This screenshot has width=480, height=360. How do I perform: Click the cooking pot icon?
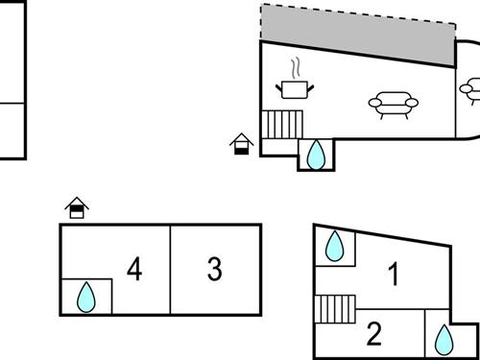click(296, 89)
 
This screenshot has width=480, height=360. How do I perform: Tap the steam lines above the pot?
click(297, 67)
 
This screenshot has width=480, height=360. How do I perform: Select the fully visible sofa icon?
click(391, 103)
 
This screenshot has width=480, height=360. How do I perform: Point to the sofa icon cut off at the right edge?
click(470, 91)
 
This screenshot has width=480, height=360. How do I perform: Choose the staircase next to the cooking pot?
click(282, 125)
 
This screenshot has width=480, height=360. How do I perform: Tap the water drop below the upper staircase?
click(316, 154)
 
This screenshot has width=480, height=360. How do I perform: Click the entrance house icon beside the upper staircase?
click(242, 144)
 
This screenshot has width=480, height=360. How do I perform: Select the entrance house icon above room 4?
click(78, 207)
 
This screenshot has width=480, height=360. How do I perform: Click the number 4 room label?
click(134, 270)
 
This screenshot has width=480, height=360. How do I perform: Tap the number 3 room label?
click(215, 270)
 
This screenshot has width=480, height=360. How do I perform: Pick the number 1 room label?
click(393, 275)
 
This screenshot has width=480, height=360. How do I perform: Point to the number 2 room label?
click(374, 334)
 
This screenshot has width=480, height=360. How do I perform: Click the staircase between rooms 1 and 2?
click(334, 310)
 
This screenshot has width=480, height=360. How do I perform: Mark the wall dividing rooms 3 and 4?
click(171, 270)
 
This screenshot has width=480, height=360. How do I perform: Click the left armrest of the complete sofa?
click(373, 103)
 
